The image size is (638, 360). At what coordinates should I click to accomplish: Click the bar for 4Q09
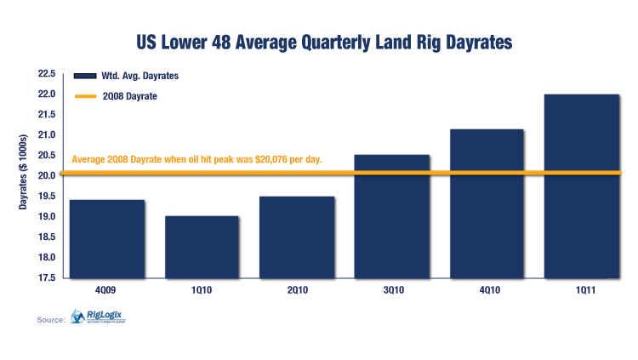[x=107, y=238]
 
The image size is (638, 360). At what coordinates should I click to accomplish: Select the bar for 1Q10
[x=202, y=247]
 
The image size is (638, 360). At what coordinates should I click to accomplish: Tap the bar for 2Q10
[x=297, y=237]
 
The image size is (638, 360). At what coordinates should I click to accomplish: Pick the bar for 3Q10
[x=391, y=216]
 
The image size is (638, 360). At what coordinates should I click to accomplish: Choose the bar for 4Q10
[x=487, y=203]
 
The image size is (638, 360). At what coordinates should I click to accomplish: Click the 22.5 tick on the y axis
[x=46, y=74]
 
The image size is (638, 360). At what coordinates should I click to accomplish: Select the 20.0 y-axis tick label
[x=46, y=176]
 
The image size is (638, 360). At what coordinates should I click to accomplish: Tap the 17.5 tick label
[x=46, y=278]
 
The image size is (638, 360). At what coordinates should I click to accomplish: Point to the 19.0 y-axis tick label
[x=46, y=217]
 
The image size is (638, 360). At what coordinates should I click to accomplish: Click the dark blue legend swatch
[x=83, y=76]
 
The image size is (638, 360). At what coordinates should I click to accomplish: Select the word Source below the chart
[x=51, y=320]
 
